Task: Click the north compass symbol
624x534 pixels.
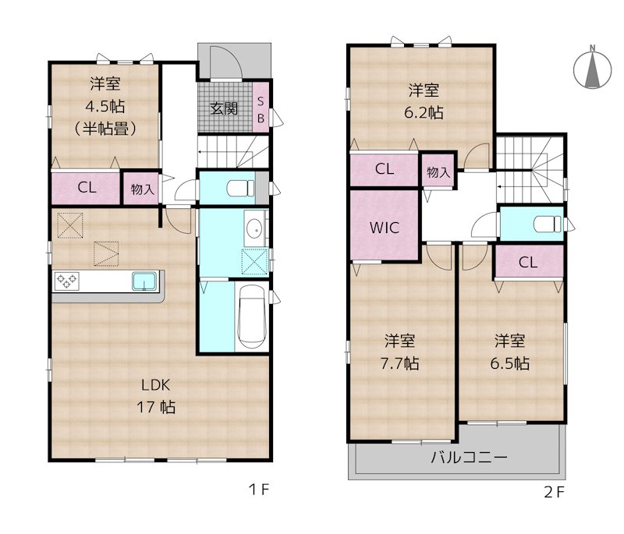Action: (593, 69)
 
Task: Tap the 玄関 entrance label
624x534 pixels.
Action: (224, 108)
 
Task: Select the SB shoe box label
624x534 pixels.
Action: (261, 109)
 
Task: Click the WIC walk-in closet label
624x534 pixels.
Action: (385, 228)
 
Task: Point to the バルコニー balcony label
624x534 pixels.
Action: (470, 457)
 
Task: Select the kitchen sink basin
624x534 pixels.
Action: (145, 281)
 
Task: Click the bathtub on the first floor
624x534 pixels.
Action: (250, 318)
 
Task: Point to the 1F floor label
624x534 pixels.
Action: (259, 490)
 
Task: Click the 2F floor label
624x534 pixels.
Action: (554, 492)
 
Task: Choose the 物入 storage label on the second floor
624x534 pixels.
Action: (438, 172)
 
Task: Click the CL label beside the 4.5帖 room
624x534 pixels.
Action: (87, 188)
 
